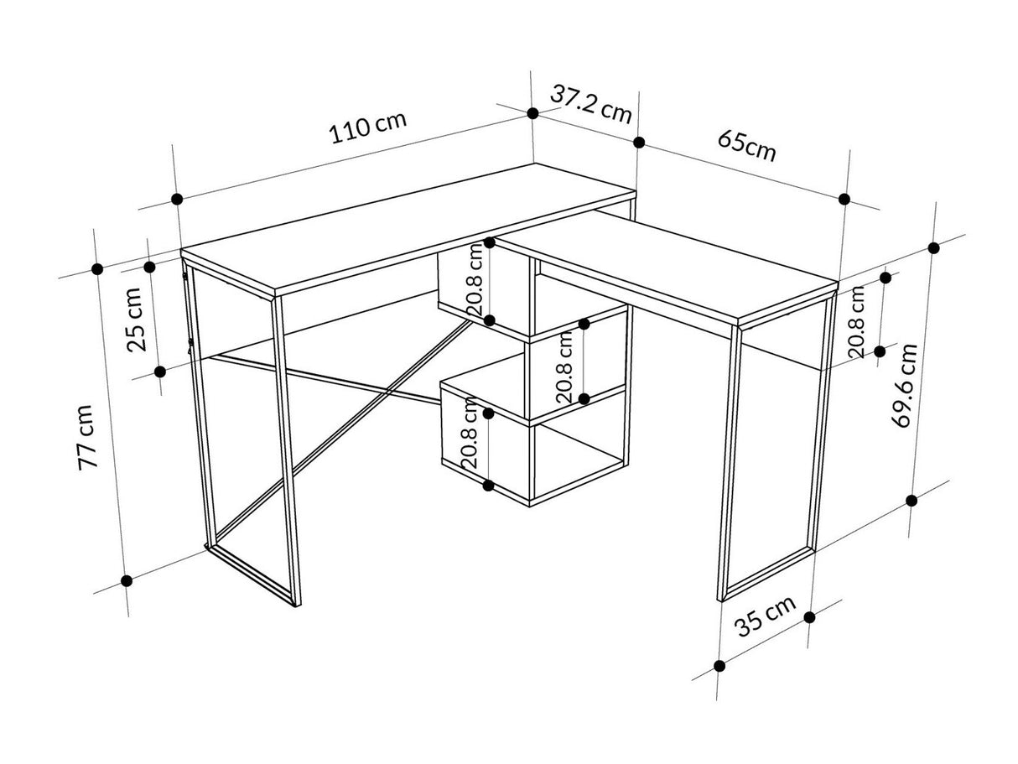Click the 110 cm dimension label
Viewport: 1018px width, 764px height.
[368, 127]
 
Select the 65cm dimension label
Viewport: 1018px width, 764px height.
[746, 146]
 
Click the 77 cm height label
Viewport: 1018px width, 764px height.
[87, 438]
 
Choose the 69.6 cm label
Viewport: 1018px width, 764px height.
[905, 385]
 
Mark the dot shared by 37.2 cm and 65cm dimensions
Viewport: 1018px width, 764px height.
[639, 143]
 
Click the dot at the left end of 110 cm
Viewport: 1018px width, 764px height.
[177, 199]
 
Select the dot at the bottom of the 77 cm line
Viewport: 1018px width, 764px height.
[126, 581]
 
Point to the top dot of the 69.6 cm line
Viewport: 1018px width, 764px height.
[934, 248]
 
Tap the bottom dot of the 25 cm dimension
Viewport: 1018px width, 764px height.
[160, 372]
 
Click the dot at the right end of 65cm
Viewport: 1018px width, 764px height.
[844, 200]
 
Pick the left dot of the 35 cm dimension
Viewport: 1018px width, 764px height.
[719, 666]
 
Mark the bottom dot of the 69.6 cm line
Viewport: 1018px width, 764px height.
[912, 501]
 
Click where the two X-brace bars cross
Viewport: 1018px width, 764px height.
[388, 393]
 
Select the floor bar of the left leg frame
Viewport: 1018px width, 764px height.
[252, 577]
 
